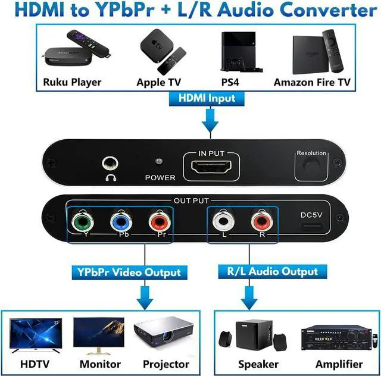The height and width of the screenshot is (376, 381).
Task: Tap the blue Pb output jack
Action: [123, 224]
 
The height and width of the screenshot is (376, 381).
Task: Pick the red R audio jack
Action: [262, 224]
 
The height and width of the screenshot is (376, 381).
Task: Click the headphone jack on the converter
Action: [110, 162]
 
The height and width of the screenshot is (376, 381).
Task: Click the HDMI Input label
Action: [208, 98]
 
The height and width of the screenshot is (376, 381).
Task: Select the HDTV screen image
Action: [34, 334]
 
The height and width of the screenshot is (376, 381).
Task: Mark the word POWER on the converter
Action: [160, 177]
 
